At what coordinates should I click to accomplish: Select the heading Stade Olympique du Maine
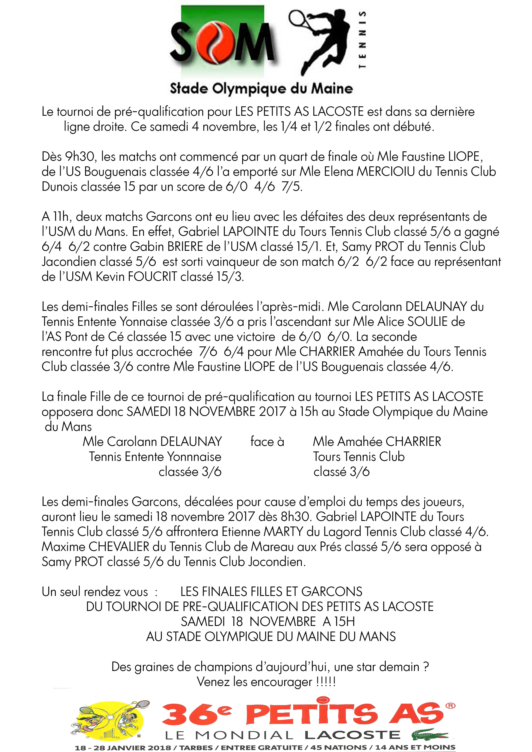point(261,89)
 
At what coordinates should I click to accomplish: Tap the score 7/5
point(292,187)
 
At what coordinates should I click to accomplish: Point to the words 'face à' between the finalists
point(267,442)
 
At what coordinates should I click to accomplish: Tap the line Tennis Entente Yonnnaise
point(155,457)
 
